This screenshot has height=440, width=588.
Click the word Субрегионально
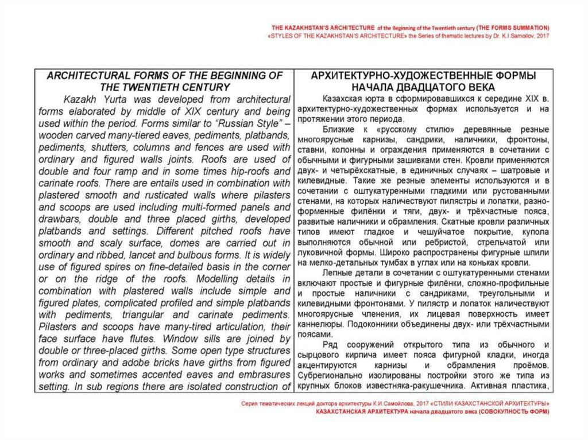point(339,376)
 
